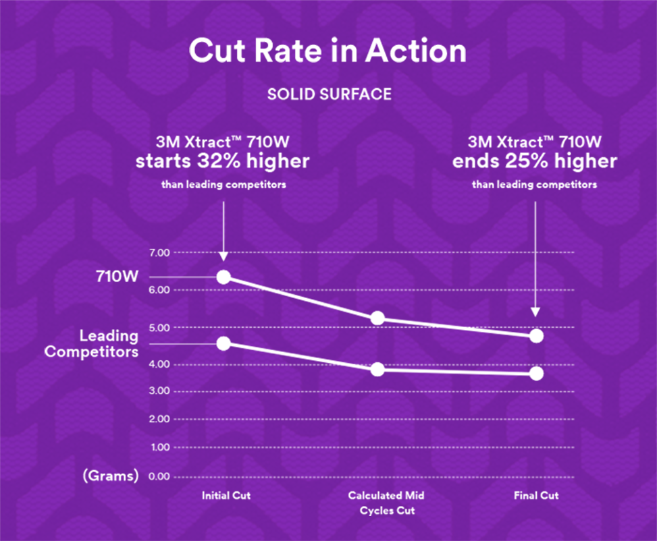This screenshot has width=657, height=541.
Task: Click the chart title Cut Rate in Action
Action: coord(327,52)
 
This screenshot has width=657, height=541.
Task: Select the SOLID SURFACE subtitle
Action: coord(329,94)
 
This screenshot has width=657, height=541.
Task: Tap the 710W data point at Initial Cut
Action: coord(224,277)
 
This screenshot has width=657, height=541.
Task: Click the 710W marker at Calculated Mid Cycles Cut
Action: coord(377,318)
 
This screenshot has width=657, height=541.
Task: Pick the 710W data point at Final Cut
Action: coord(537,335)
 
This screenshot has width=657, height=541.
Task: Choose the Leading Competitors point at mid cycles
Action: coord(377,369)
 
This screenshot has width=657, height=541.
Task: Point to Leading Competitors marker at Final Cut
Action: coord(537,373)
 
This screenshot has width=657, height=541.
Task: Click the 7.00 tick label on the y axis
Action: coord(159,252)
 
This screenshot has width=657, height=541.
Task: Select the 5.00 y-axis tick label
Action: coord(159,327)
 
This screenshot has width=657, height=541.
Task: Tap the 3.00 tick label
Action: coord(159,391)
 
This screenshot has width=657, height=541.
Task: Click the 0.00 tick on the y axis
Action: coord(159,477)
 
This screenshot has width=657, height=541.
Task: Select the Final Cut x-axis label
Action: coord(537,496)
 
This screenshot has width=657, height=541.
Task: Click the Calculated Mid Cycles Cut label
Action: coord(386,503)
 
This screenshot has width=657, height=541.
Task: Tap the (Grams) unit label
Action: coord(110,476)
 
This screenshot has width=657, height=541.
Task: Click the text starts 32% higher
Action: coord(223,162)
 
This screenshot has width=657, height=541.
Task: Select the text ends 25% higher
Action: coord(535,162)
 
